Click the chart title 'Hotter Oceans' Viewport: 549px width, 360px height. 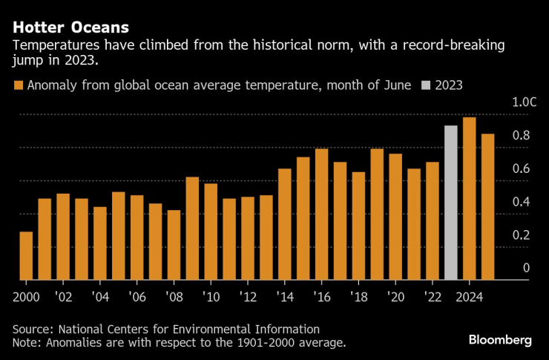[x=70, y=27]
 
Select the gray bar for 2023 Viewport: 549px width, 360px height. [x=451, y=203]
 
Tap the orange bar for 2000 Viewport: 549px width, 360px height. [x=26, y=255]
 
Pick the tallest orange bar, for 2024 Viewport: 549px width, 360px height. [x=469, y=198]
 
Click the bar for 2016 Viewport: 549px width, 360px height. [x=322, y=214]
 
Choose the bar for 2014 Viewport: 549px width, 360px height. [x=285, y=223]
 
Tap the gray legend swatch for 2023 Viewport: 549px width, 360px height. [x=426, y=85]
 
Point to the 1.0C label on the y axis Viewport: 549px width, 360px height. [x=523, y=102]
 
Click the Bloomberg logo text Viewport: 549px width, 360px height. [x=500, y=339]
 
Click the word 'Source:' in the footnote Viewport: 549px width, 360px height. [x=34, y=329]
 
